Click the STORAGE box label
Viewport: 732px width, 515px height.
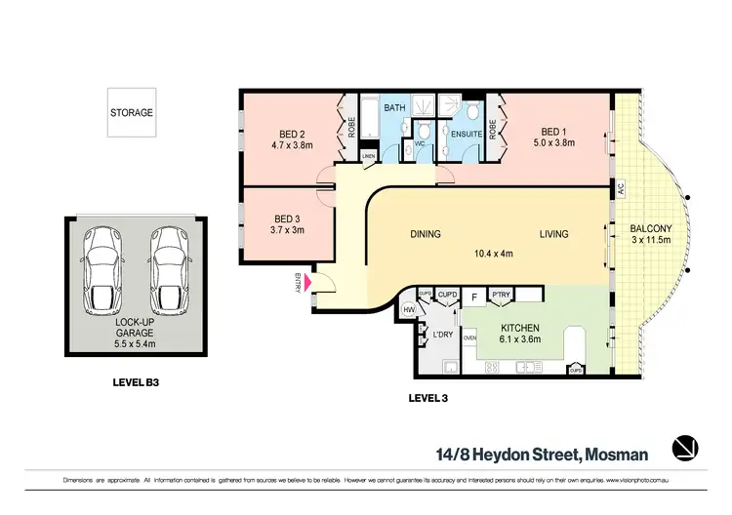click(131, 112)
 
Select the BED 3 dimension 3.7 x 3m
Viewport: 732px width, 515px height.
click(287, 230)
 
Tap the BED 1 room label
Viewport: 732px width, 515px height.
click(553, 132)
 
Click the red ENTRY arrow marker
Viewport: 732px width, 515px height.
click(309, 283)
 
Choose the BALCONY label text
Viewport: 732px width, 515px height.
click(649, 229)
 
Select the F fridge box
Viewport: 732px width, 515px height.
click(474, 295)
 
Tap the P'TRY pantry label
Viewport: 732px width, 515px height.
click(502, 295)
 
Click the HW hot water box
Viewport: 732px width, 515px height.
click(409, 309)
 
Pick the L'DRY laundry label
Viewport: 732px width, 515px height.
click(444, 335)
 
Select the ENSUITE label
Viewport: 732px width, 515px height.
click(464, 136)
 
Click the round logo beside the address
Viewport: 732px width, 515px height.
click(686, 448)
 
